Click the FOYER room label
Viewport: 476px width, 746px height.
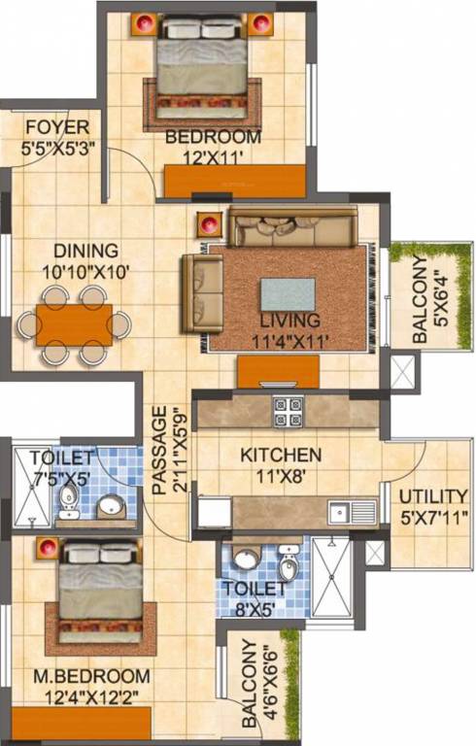[x=57, y=127]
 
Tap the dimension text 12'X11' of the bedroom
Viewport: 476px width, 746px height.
[x=213, y=155]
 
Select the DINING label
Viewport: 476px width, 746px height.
[x=86, y=250]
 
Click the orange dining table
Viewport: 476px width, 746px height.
[x=74, y=324]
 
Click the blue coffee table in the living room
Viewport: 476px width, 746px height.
[x=288, y=293]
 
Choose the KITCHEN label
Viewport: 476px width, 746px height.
[x=281, y=454]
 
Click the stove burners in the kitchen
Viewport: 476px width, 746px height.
[x=288, y=412]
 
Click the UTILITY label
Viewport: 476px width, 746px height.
[x=432, y=495]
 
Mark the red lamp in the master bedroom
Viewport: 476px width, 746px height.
[x=46, y=549]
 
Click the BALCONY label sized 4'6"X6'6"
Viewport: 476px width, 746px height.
[x=251, y=684]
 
